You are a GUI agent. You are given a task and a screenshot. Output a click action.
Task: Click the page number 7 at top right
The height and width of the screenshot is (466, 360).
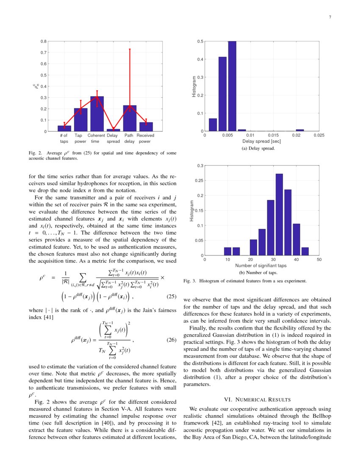330,17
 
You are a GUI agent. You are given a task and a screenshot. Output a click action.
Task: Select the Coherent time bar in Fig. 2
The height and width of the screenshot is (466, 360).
97,114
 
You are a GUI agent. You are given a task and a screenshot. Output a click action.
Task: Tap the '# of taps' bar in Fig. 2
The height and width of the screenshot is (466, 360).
64,128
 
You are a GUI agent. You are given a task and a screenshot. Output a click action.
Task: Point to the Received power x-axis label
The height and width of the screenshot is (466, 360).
145,139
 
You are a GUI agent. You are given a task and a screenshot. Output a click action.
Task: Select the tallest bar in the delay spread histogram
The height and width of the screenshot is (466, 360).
232,86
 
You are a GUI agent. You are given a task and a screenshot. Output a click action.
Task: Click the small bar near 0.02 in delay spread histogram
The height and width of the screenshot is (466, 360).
300,130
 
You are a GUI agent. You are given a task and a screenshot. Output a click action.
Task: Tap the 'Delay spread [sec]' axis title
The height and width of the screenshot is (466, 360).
261,141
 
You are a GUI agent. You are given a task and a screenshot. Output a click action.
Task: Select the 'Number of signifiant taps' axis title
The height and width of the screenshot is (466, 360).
261,266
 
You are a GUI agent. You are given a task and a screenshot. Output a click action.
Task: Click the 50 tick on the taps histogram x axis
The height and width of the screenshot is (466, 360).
319,260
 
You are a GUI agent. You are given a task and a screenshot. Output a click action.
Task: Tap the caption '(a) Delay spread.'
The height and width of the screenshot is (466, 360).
258,149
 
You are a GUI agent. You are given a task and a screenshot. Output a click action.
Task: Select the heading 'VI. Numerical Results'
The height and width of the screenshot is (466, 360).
257,399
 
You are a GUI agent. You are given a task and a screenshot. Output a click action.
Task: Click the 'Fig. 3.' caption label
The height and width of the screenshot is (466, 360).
190,281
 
